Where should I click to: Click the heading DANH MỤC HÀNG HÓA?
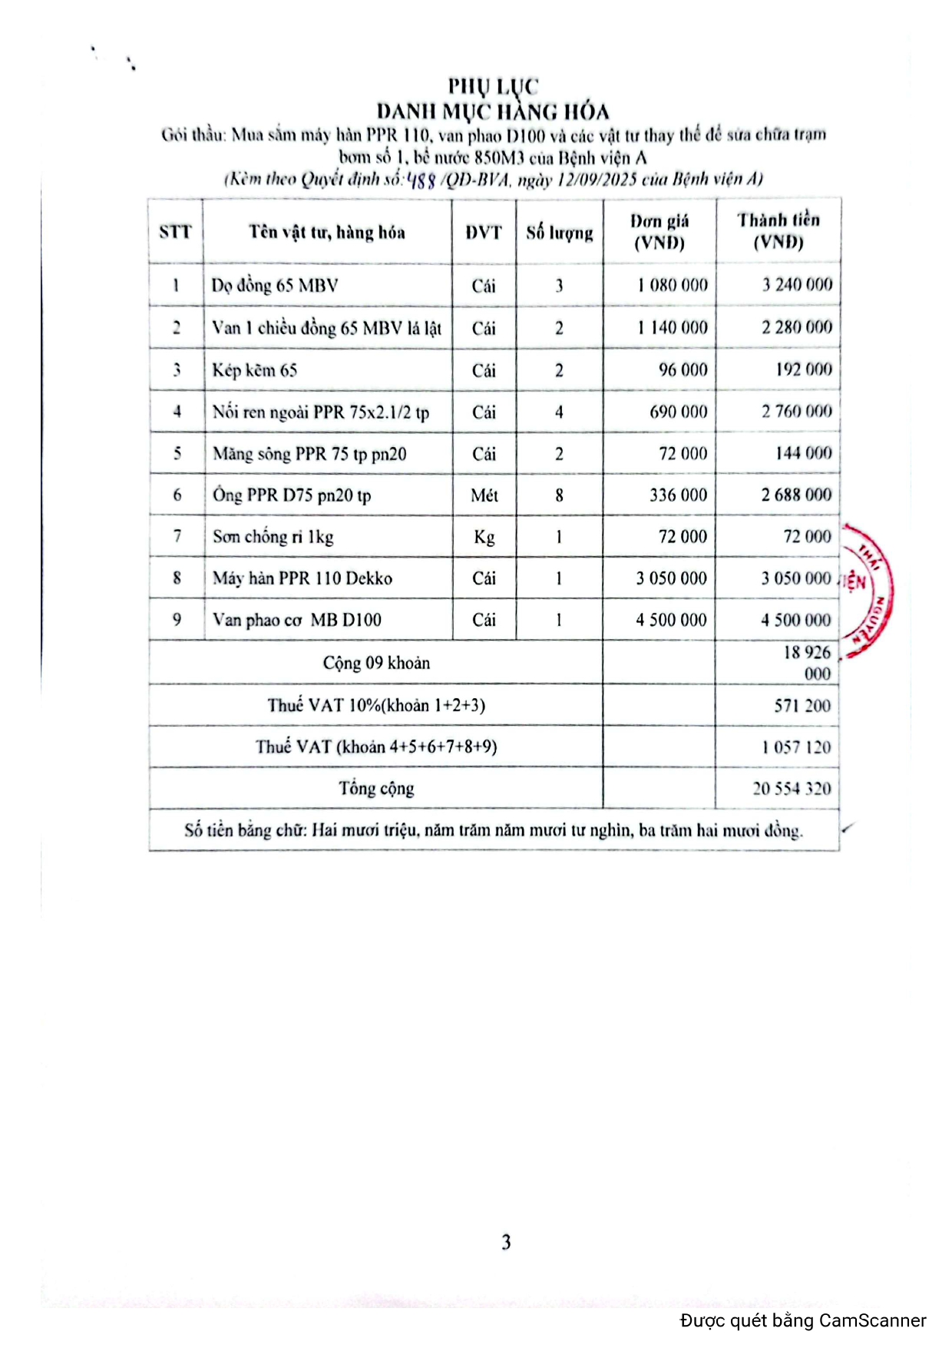492,111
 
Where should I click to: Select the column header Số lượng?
559,232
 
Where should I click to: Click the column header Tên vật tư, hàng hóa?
327,232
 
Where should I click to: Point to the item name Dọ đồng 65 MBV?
275,286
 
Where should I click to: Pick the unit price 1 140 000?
672,328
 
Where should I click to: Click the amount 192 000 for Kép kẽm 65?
803,369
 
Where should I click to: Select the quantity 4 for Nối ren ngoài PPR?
559,412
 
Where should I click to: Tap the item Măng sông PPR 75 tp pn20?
309,454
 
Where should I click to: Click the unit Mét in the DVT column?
484,495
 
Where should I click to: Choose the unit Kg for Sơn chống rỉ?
484,537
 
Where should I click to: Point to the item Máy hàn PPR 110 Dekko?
302,578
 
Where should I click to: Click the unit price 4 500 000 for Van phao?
671,620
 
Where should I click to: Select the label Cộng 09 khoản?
376,663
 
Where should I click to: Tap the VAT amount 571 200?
802,705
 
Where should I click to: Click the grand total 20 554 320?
792,789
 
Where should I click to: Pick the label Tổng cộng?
376,789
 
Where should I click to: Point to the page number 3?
506,1242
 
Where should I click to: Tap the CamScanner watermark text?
802,1321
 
